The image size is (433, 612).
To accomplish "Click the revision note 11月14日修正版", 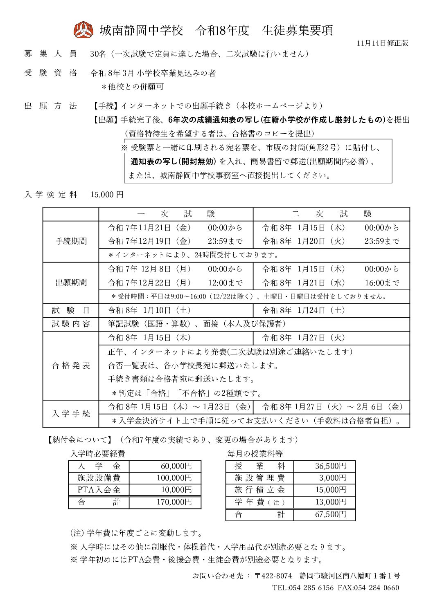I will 382,43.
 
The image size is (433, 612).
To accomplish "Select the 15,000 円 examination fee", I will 107,195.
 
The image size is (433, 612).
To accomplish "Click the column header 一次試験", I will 176,214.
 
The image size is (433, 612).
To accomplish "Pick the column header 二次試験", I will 331,214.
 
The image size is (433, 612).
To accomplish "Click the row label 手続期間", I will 71,241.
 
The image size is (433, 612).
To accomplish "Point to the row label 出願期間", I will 71,283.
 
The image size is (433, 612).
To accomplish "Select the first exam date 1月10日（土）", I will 149,310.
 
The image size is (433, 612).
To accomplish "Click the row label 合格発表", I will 71,365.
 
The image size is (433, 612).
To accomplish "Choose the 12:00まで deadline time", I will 225,283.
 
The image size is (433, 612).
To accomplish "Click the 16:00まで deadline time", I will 381,283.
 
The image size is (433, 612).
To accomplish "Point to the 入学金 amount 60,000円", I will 176,466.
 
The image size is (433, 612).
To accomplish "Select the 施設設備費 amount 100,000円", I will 174,478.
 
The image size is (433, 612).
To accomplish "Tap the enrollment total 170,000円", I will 174,502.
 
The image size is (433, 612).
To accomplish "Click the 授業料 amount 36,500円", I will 330,466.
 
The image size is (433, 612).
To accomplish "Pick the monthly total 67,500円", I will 330,514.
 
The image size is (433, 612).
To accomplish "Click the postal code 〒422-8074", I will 273,576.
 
